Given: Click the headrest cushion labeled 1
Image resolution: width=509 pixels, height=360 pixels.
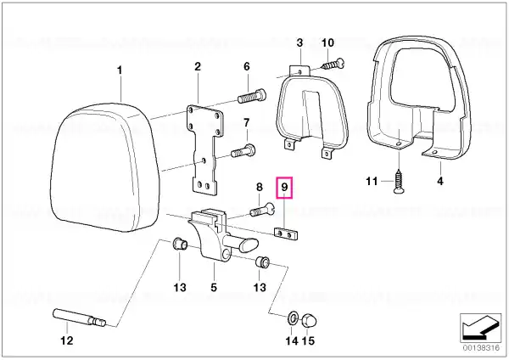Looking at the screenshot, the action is pyautogui.click(x=104, y=167).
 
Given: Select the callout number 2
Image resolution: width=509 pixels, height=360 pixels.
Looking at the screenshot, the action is pyautogui.click(x=198, y=66).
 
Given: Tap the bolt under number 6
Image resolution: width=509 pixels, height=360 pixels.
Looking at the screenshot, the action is pyautogui.click(x=252, y=96).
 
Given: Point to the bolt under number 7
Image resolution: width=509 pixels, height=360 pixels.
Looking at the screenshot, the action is pyautogui.click(x=243, y=151).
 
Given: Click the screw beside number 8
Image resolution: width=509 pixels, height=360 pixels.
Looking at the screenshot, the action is pyautogui.click(x=262, y=210).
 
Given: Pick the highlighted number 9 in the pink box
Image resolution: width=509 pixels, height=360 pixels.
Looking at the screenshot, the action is pyautogui.click(x=284, y=187).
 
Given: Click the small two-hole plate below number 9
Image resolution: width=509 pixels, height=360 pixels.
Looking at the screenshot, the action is pyautogui.click(x=286, y=233).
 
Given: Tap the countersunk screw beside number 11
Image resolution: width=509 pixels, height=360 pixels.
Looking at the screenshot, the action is pyautogui.click(x=399, y=182).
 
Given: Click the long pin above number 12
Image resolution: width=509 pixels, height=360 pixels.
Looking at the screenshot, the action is pyautogui.click(x=79, y=318).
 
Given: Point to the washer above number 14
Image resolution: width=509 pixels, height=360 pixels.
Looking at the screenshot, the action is pyautogui.click(x=292, y=318).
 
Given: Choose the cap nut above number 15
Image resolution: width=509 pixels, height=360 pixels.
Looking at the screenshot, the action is pyautogui.click(x=309, y=321).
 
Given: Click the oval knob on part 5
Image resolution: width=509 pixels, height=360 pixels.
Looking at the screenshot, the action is pyautogui.click(x=249, y=245).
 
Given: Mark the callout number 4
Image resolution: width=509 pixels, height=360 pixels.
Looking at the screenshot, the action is pyautogui.click(x=440, y=181).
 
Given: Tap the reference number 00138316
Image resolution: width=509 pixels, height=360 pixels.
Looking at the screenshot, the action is pyautogui.click(x=481, y=348).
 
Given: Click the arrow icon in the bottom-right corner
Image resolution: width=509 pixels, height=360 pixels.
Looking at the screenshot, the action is pyautogui.click(x=480, y=328).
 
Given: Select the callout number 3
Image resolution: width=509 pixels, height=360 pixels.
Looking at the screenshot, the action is pyautogui.click(x=299, y=42).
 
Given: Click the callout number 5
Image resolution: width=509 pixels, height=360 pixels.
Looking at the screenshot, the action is pyautogui.click(x=214, y=287).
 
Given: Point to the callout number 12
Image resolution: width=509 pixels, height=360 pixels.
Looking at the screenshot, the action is pyautogui.click(x=67, y=340).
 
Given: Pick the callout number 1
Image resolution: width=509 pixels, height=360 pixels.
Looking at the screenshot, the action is pyautogui.click(x=120, y=70).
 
